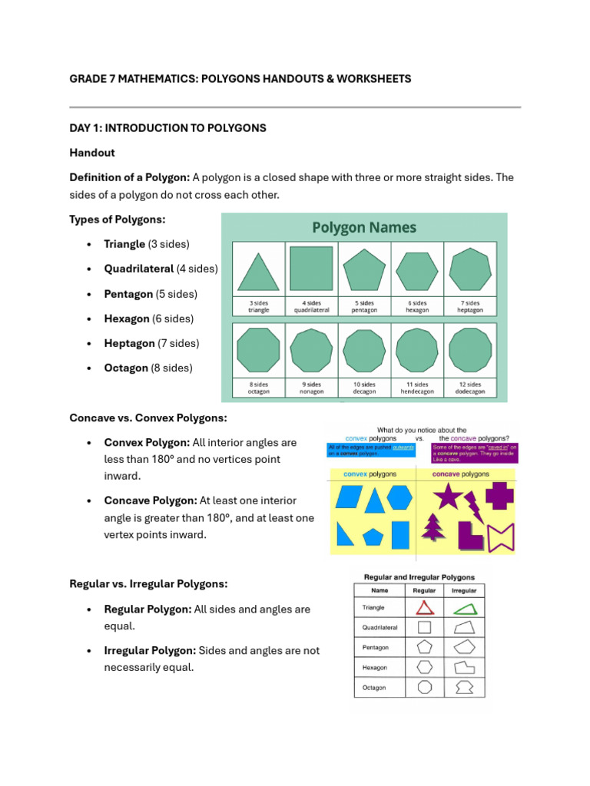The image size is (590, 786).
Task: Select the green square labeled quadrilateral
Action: tap(311, 269)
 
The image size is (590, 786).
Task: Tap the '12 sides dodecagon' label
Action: tap(469, 388)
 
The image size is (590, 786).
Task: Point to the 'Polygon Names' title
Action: tap(364, 228)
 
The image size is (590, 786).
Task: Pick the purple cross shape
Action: tap(499, 497)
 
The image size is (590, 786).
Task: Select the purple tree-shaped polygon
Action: tap(434, 528)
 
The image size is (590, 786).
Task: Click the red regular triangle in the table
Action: tap(425, 608)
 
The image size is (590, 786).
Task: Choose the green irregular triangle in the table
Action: tap(464, 608)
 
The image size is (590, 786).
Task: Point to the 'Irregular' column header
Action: tap(464, 591)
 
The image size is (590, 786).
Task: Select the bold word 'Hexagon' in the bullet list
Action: tap(127, 319)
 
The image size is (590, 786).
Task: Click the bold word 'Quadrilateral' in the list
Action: tap(139, 269)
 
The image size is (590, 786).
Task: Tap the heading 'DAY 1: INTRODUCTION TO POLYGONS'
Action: tap(167, 128)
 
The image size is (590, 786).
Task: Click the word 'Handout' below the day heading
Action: tap(91, 153)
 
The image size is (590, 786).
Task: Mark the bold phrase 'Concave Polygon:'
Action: tap(151, 501)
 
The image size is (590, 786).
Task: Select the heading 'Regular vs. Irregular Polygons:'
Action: tap(148, 584)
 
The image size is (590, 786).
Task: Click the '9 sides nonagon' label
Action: tap(312, 388)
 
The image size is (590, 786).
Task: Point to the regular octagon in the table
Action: tap(425, 687)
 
